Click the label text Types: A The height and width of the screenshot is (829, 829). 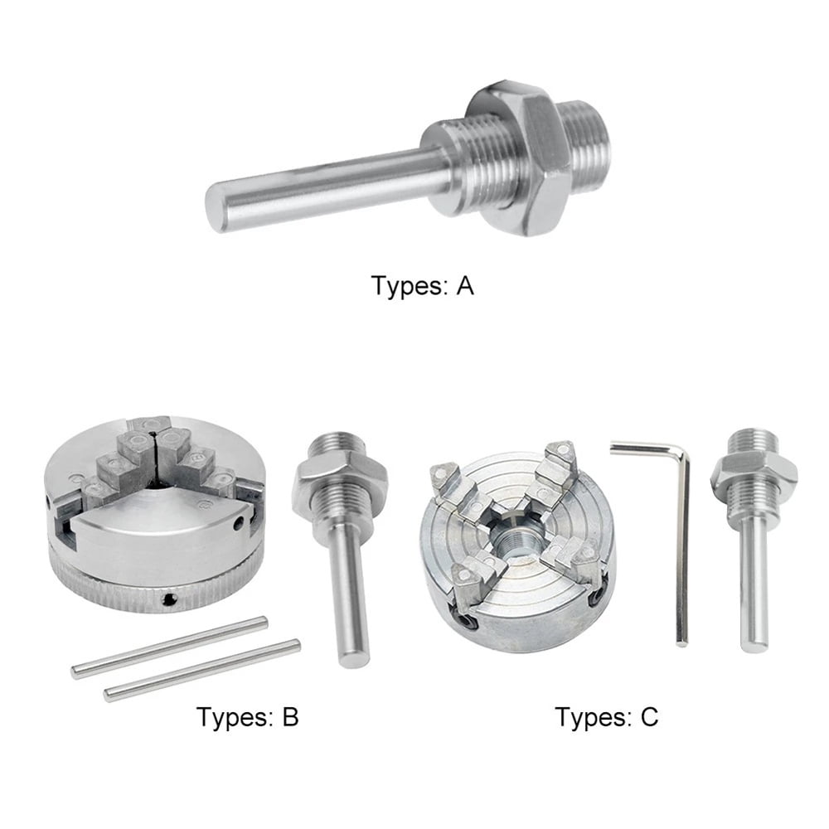[x=423, y=287]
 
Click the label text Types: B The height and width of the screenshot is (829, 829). [x=247, y=715]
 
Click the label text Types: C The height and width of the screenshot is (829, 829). [x=606, y=715]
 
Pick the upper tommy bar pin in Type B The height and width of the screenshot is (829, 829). [x=170, y=647]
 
